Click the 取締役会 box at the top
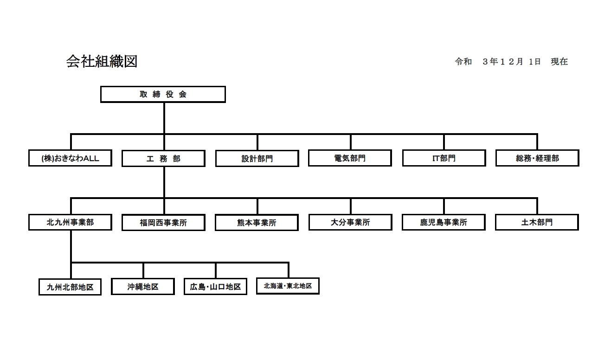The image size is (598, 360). [163, 94]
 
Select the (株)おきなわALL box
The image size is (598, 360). [70, 158]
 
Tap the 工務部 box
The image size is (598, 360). [163, 159]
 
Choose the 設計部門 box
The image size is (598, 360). [257, 159]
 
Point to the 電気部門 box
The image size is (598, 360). [350, 158]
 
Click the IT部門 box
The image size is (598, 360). [444, 158]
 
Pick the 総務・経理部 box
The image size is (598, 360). [537, 158]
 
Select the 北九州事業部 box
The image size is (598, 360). [70, 222]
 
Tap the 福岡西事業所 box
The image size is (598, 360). [163, 223]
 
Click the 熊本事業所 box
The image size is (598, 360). [257, 223]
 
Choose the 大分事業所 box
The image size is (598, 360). [350, 222]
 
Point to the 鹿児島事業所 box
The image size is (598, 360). [444, 222]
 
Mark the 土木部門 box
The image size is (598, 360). [537, 222]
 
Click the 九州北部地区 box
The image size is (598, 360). [70, 287]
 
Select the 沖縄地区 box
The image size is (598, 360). [143, 286]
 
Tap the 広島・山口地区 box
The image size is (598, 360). [215, 286]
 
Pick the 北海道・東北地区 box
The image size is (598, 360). [288, 286]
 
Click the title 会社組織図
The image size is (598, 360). [102, 61]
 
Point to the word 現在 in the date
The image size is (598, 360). [559, 62]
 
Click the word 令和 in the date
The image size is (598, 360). [463, 62]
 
